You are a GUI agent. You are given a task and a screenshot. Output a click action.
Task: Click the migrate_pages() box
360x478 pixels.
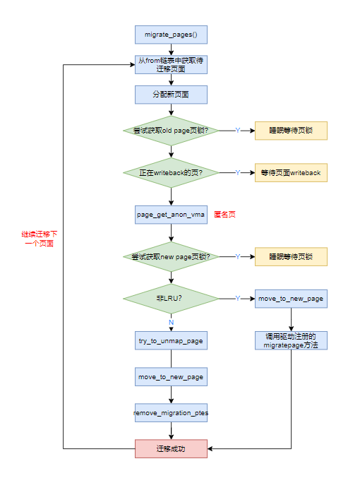click(171, 34)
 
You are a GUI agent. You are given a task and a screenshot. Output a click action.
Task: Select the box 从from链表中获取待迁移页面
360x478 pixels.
click(171, 64)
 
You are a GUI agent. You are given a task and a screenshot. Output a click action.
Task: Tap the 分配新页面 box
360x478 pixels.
click(171, 95)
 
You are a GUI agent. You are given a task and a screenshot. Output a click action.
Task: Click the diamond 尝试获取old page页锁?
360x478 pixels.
click(171, 131)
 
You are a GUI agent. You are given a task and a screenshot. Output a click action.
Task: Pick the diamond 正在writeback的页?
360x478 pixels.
click(171, 172)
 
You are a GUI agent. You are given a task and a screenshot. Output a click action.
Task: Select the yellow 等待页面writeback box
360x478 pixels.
click(291, 172)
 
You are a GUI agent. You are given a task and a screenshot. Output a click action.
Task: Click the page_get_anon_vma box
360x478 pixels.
click(171, 214)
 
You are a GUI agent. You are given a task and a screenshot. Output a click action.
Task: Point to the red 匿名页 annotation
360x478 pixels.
click(224, 214)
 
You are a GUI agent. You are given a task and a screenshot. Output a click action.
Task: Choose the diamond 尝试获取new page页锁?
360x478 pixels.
click(171, 256)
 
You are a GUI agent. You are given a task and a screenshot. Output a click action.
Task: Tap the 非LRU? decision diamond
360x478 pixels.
click(171, 299)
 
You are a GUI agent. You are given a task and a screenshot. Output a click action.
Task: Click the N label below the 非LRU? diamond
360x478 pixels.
click(171, 322)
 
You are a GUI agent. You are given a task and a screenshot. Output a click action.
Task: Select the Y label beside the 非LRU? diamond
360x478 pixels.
click(238, 299)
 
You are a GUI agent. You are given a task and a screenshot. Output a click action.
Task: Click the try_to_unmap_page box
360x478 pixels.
click(171, 341)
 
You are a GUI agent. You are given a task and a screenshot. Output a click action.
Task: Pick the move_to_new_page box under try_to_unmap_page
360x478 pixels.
click(171, 377)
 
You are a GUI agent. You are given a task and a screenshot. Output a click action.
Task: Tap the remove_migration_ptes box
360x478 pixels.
click(171, 413)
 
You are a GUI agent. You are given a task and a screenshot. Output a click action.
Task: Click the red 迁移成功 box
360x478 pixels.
click(171, 448)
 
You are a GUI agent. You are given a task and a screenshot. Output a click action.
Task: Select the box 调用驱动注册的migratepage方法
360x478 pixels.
click(291, 340)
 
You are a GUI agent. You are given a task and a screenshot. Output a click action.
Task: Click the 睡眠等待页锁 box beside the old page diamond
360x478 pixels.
click(291, 131)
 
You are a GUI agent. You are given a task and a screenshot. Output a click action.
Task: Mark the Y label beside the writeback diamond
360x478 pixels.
click(238, 172)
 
